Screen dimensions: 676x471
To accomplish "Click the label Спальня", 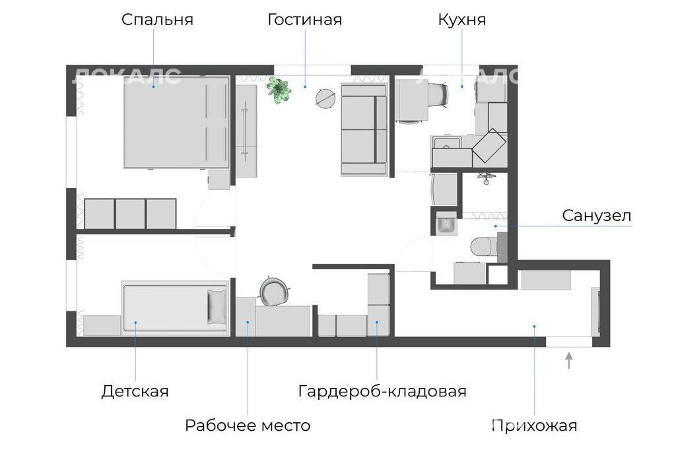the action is click(x=157, y=20).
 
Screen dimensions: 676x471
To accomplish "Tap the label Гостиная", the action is click(x=305, y=19).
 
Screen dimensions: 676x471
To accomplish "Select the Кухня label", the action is click(x=461, y=20).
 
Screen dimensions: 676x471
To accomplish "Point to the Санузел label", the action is click(x=597, y=216).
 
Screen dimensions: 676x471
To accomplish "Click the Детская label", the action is click(x=135, y=391).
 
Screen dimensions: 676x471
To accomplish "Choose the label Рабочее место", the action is click(x=248, y=425).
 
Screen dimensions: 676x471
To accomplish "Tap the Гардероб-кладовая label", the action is click(x=382, y=391).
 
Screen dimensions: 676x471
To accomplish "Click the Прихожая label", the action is click(x=535, y=425).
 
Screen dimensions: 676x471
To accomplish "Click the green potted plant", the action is click(x=279, y=90).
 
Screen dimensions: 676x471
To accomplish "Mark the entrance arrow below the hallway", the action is click(x=569, y=360).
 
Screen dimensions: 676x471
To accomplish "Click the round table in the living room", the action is click(x=325, y=98).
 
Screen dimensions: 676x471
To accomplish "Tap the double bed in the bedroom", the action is click(x=176, y=123).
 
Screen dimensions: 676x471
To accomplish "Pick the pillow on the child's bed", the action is click(x=217, y=306).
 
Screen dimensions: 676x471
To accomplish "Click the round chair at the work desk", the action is click(x=273, y=291).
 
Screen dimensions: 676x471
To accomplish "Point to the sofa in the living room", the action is click(x=364, y=129).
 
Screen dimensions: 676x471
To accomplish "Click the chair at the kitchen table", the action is click(x=438, y=94).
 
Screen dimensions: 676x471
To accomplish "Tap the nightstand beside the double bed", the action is click(x=219, y=179).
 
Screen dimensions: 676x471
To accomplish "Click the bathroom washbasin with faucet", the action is click(x=447, y=223).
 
